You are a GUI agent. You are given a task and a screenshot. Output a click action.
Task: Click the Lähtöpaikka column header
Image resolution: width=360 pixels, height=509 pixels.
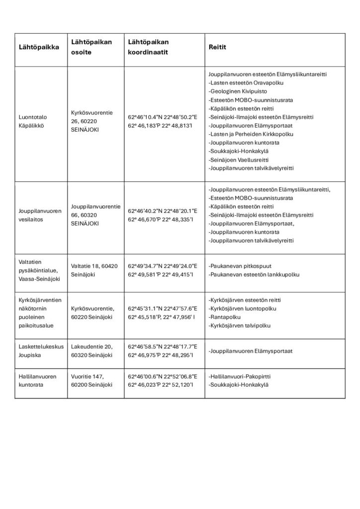pos(38,47)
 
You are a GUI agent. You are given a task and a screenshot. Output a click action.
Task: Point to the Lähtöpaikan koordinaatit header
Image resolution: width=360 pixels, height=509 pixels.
pos(149,47)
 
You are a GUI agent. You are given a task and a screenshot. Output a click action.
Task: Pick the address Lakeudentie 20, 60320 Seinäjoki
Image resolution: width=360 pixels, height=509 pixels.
pos(93,350)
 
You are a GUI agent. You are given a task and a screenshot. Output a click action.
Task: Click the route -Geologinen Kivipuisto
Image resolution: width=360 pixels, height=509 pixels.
pos(238,91)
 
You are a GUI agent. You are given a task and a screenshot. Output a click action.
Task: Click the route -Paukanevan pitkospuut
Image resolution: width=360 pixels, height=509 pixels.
pos(240,266)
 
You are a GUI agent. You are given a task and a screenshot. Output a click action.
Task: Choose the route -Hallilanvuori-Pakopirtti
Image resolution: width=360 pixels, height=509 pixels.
pos(243,376)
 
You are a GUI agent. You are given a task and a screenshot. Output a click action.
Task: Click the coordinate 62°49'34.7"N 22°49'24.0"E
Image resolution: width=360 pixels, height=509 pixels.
pos(162,266)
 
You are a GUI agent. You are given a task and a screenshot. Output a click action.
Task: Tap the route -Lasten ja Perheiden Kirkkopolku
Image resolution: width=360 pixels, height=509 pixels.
pos(251,134)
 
